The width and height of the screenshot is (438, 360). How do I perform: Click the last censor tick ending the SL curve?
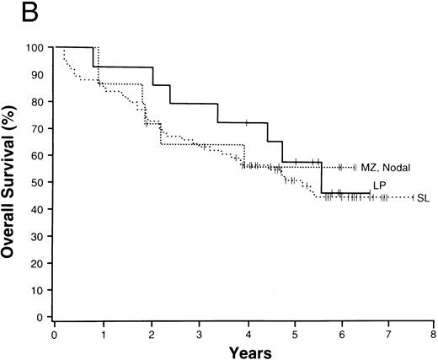point(412,197)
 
